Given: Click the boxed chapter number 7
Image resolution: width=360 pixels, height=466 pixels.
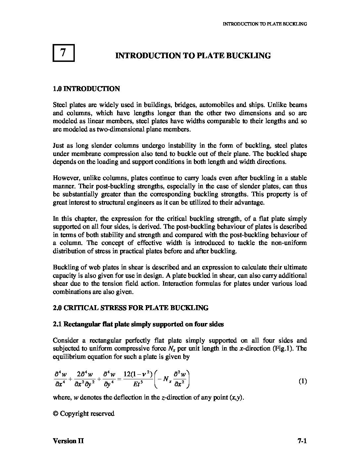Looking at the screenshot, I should [x=64, y=53].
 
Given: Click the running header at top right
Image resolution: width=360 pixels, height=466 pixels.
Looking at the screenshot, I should [x=265, y=24].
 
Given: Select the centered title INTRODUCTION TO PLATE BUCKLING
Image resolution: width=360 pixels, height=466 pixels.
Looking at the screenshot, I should [x=193, y=56].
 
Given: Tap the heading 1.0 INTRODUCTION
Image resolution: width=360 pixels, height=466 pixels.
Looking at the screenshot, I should [x=86, y=89].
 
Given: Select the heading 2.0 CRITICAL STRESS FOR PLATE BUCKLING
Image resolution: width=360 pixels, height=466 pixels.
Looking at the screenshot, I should [x=131, y=308].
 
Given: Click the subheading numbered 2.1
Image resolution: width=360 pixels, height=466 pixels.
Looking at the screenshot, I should [x=138, y=324].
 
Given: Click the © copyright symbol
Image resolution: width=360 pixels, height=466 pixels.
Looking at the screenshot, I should [x=56, y=414].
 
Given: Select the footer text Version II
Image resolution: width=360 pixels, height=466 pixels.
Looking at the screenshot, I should [x=68, y=441].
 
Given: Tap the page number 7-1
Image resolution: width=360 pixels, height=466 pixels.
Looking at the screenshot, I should [x=302, y=441].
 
